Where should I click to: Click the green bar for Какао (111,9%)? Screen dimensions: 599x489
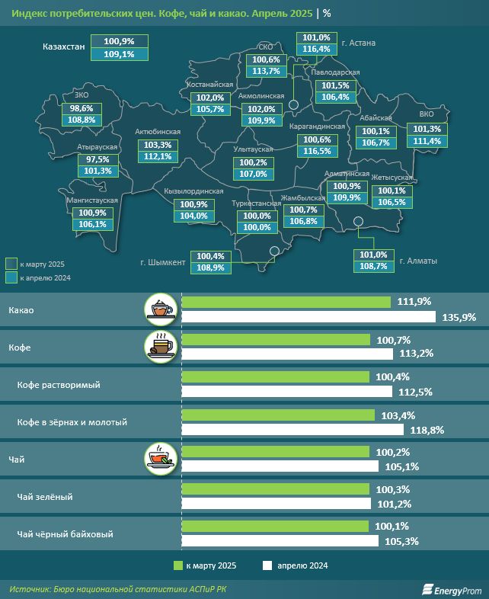[x=286, y=303]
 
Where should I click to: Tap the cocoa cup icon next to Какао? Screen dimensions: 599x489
[x=161, y=308]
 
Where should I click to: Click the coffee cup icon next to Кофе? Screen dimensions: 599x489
[x=161, y=346]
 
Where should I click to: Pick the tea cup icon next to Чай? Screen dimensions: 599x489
[x=161, y=458]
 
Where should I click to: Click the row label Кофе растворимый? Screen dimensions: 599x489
[x=59, y=386]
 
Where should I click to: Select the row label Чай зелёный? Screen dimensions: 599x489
[x=45, y=497]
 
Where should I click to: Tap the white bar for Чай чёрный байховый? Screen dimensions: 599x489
[x=280, y=541]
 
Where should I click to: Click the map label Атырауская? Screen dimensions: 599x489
[x=96, y=146]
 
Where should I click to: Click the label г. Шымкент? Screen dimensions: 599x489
[x=163, y=262]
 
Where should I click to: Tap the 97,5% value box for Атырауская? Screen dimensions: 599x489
[x=97, y=159]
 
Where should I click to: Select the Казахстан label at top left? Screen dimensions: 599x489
[x=63, y=47]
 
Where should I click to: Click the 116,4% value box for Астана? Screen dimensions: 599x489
[x=316, y=49]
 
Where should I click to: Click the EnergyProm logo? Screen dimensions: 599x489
[x=452, y=588]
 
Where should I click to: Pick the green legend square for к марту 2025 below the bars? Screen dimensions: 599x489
[x=179, y=565]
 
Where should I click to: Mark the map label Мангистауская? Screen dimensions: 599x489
[x=92, y=200]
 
